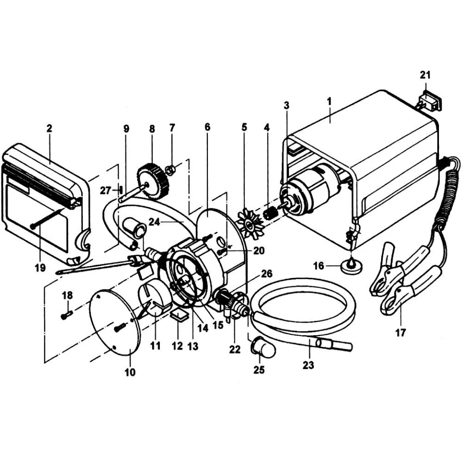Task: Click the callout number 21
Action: (x=425, y=75)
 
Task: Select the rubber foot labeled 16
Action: (x=351, y=267)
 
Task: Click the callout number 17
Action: (x=400, y=332)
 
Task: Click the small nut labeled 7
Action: (x=170, y=170)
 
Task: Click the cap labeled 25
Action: (x=263, y=350)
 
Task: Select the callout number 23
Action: (x=308, y=365)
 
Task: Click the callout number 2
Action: (x=49, y=128)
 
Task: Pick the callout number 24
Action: (x=154, y=222)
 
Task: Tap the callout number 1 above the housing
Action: (x=329, y=100)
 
